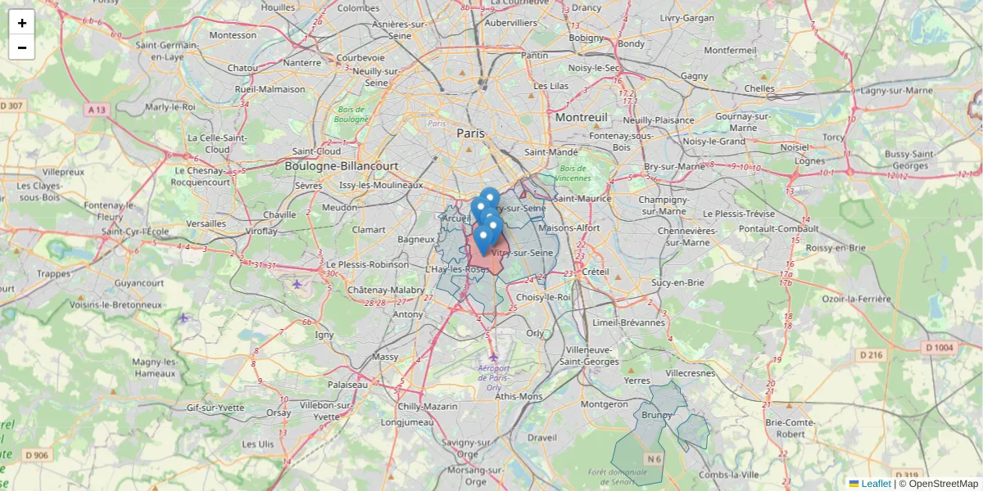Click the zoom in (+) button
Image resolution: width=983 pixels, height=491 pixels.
point(22,23)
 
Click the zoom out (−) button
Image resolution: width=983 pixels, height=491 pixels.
point(22,47)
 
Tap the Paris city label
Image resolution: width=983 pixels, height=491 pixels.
point(470,133)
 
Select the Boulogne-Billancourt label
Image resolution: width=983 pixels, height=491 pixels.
point(341,165)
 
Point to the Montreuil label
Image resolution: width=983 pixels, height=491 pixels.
point(581,117)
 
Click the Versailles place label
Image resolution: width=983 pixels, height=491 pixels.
point(206,223)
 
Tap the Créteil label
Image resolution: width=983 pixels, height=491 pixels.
point(596,271)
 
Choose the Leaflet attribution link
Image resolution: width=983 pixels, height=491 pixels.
point(875,484)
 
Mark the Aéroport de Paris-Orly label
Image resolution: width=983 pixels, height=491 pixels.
point(492,377)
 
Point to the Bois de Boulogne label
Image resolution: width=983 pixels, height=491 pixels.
point(351,114)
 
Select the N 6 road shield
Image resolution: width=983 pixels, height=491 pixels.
point(654,459)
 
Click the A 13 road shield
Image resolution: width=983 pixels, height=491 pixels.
point(96,109)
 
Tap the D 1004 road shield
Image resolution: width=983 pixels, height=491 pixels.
point(940,348)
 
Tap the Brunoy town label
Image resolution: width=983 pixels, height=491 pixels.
point(657,415)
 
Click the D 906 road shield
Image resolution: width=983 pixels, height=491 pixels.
point(37,455)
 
